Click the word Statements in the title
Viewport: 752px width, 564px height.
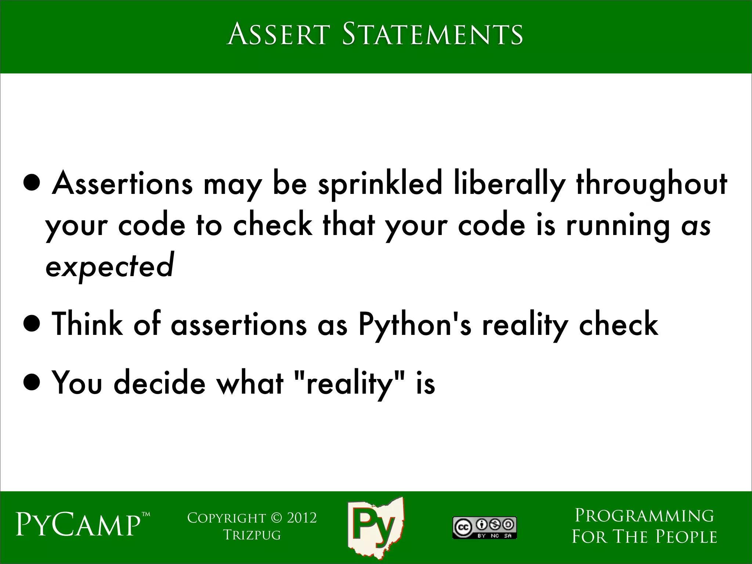(x=432, y=34)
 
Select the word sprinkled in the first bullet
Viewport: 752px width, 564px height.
(x=380, y=184)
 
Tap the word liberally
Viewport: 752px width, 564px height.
(x=508, y=184)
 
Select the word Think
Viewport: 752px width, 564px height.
(x=87, y=323)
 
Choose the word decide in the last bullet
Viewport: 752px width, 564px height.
(x=159, y=383)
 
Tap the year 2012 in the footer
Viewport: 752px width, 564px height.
(x=301, y=518)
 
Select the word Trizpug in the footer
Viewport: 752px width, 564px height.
(x=252, y=535)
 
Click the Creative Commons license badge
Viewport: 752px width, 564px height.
(x=484, y=528)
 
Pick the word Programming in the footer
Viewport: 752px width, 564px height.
(x=644, y=516)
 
